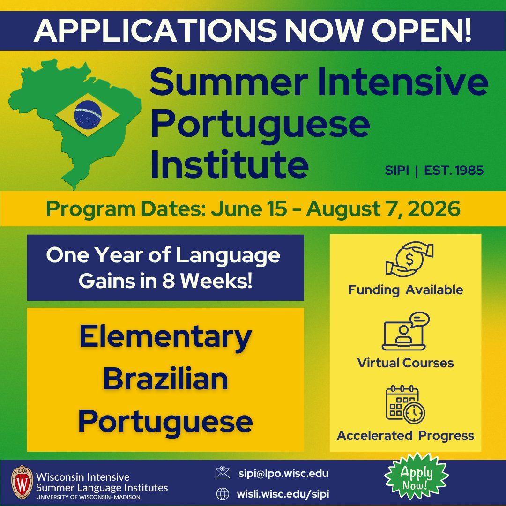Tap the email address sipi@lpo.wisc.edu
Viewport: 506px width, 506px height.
click(x=283, y=473)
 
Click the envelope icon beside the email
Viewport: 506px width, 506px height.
click(x=223, y=473)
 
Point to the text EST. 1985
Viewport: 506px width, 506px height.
click(x=454, y=170)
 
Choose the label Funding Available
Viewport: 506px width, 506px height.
click(x=405, y=290)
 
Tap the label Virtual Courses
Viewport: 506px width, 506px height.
click(x=405, y=363)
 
